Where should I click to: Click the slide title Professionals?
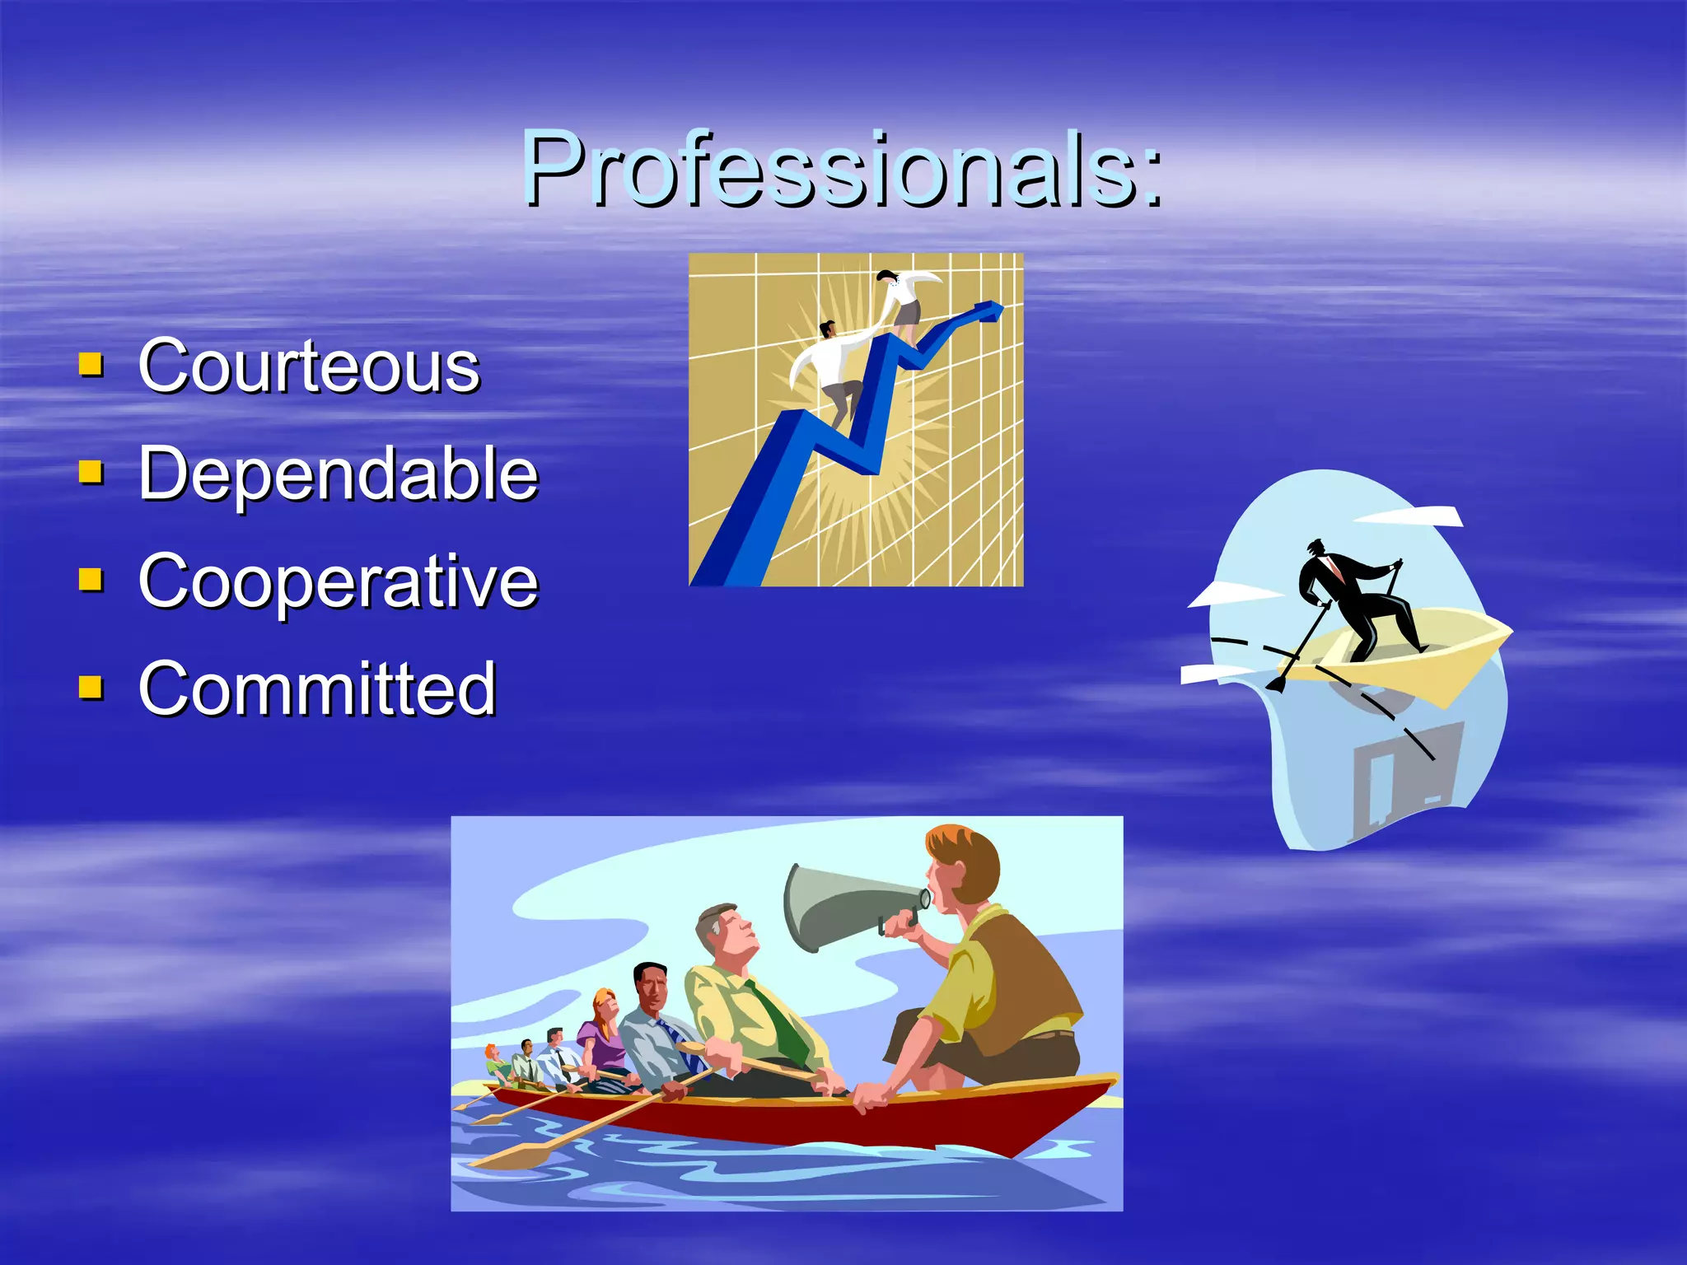842,169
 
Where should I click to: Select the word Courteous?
309,366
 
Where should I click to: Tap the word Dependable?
338,473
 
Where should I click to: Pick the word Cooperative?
338,581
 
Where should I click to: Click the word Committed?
317,688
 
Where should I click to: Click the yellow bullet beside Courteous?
91,364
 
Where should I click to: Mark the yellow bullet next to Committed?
91,687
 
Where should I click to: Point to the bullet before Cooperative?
91,580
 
